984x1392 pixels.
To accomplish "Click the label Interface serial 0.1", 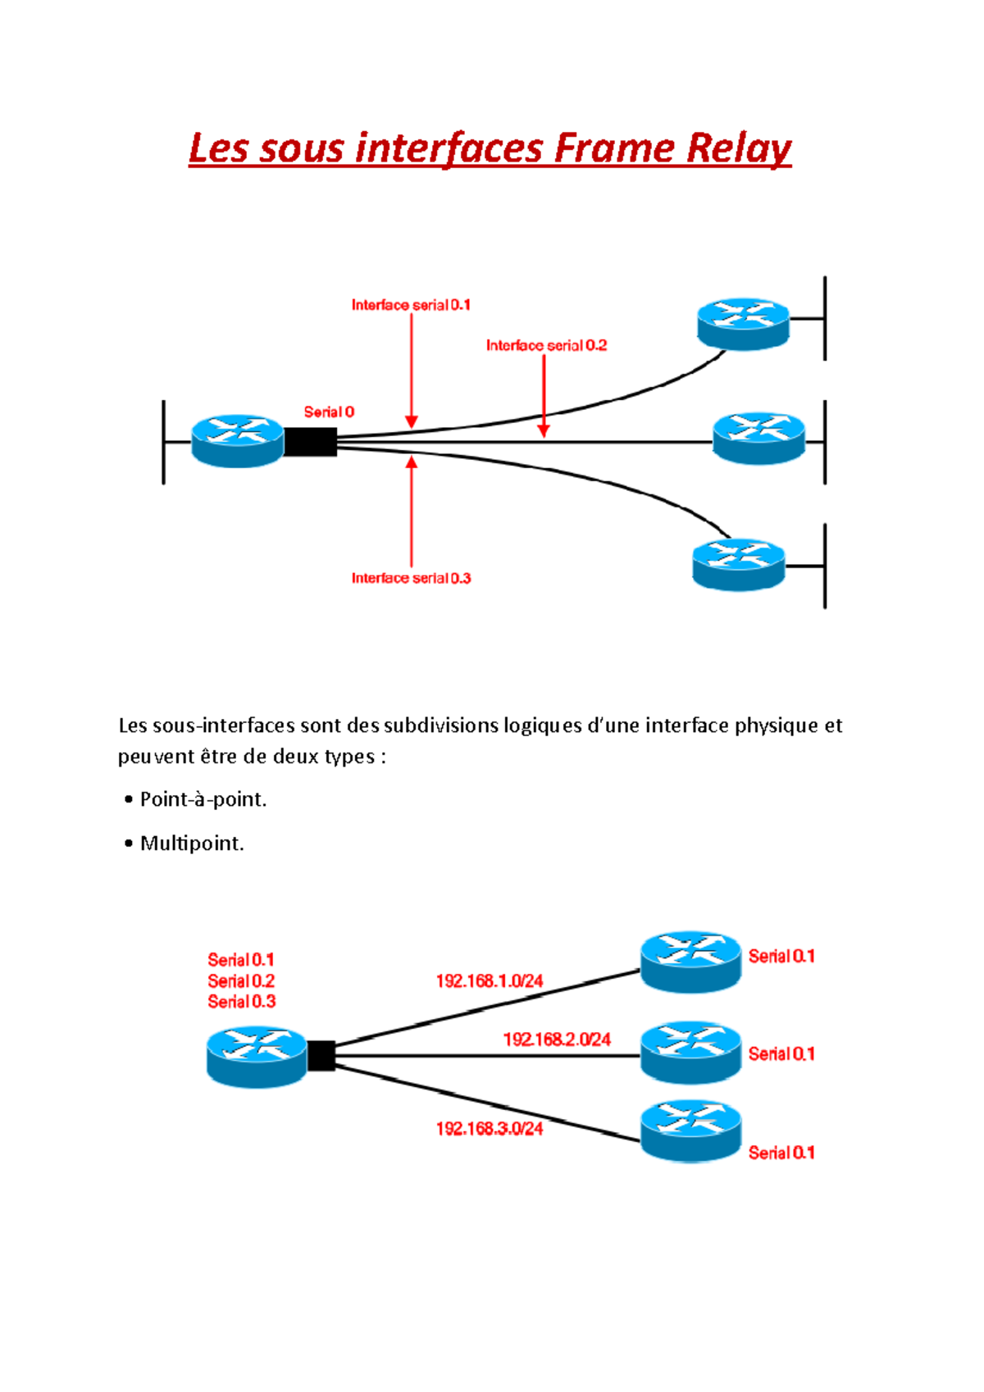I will pos(411,305).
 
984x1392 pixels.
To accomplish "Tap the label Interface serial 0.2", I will pos(546,345).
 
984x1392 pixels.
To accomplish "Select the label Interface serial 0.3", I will pos(411,578).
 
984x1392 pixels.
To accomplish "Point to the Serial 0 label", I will pos(329,412).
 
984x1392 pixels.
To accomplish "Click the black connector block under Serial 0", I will pos(310,442).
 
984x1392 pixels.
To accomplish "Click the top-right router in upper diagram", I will pos(743,324).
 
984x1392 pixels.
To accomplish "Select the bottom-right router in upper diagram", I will pos(738,564).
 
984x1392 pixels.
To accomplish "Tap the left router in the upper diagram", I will pos(237,441).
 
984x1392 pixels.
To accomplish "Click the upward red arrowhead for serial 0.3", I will pos(412,463).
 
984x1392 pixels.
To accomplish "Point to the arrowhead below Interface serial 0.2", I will pos(544,430).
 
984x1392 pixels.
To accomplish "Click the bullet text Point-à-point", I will pos(203,799).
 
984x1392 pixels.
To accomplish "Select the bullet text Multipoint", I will pos(192,844).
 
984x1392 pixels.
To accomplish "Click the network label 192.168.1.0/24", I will pos(490,980).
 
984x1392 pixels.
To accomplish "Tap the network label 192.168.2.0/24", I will pos(557,1039).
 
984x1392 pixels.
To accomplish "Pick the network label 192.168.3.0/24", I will pos(490,1129).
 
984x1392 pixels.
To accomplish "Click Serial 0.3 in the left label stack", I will pos(241,1002).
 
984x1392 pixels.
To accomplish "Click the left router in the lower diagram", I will pos(257,1056).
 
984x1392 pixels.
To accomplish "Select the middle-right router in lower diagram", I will pos(690,1052).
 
